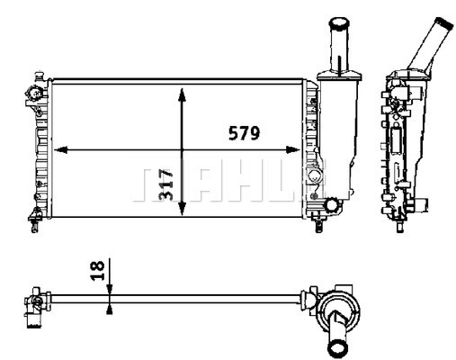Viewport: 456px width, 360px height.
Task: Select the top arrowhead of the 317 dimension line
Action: point(183,93)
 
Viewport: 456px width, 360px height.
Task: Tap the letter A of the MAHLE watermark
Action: point(199,184)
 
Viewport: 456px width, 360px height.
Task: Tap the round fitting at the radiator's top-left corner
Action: point(35,93)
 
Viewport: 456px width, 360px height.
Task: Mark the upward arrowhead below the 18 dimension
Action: point(109,308)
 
